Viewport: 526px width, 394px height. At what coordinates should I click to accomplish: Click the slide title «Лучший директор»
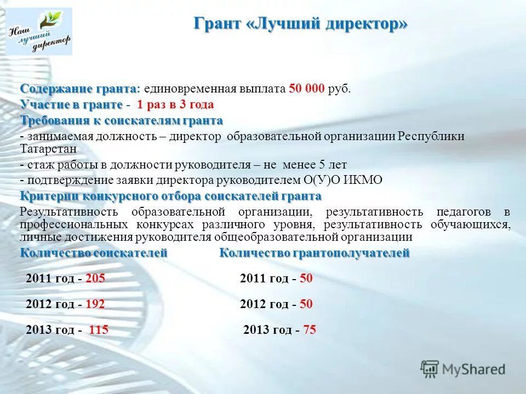click(x=301, y=25)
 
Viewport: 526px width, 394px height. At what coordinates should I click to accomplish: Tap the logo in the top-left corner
click(x=41, y=32)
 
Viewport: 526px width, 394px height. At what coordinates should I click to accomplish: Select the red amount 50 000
click(x=307, y=89)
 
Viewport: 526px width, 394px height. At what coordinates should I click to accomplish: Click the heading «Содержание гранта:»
click(x=81, y=89)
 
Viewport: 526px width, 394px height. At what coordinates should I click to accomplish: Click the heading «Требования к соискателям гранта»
click(x=122, y=120)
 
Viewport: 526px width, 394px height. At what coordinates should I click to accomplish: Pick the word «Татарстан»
click(x=48, y=148)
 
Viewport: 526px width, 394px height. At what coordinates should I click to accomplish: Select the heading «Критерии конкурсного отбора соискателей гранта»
click(x=170, y=196)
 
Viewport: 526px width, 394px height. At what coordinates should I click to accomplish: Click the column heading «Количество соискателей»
click(x=94, y=253)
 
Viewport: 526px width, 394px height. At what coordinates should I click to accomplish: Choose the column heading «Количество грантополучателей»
click(x=315, y=253)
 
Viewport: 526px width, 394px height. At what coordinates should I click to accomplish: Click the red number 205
click(x=95, y=279)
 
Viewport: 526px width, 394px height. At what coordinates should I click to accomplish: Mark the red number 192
click(x=95, y=304)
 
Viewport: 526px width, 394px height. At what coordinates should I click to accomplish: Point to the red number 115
click(x=99, y=330)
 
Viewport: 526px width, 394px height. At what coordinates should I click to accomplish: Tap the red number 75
click(x=310, y=330)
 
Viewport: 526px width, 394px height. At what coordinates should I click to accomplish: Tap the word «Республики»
click(x=431, y=136)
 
